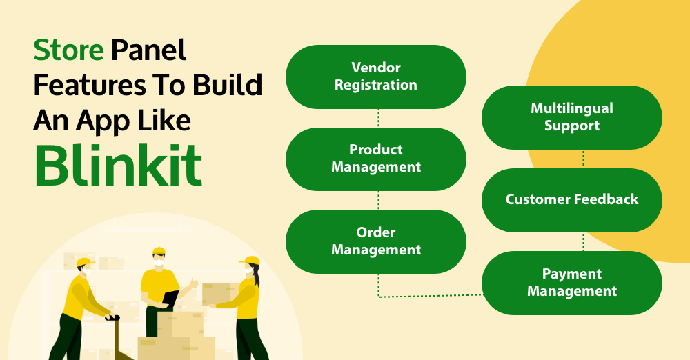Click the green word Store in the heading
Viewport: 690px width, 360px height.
tap(68, 50)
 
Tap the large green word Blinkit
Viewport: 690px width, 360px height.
tap(118, 166)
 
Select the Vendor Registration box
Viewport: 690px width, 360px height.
tap(376, 77)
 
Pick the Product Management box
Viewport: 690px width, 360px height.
tap(376, 159)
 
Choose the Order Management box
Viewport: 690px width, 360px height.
tap(376, 241)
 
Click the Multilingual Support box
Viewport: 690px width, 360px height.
tap(571, 117)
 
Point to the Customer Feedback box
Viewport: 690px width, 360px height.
tap(571, 200)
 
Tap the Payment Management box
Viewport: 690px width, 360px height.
tap(571, 283)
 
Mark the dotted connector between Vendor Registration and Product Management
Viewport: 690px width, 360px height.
tap(378, 119)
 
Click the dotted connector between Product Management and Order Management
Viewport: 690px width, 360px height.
tap(378, 200)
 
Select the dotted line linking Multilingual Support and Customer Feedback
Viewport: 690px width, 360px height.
tap(584, 159)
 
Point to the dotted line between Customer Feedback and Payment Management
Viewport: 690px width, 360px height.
tap(584, 241)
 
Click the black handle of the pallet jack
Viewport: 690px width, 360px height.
tap(112, 317)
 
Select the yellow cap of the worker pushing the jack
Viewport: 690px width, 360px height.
tap(85, 262)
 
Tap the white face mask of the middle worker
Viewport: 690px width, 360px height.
tap(159, 263)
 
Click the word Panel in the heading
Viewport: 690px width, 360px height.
tap(149, 50)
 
